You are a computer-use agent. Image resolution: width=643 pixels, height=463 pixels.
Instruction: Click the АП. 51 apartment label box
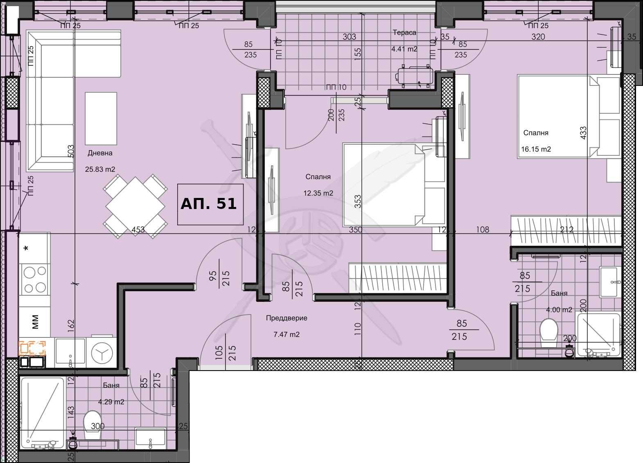pyautogui.click(x=210, y=204)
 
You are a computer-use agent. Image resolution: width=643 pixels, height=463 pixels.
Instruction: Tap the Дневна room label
pyautogui.click(x=100, y=153)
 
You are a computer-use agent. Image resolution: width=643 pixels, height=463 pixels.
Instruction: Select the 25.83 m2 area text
pyautogui.click(x=100, y=169)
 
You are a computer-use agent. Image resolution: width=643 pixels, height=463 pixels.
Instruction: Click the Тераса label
pyautogui.click(x=404, y=33)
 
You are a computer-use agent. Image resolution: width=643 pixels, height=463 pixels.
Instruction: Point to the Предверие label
pyautogui.click(x=286, y=318)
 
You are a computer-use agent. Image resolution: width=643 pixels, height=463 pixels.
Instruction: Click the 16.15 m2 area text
pyautogui.click(x=536, y=149)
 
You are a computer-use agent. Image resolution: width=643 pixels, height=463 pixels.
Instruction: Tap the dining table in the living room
pyautogui.click(x=135, y=206)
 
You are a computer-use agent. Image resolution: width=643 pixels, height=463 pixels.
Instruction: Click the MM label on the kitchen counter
pyautogui.click(x=35, y=321)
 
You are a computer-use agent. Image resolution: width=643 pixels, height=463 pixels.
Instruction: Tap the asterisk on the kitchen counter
pyautogui.click(x=27, y=249)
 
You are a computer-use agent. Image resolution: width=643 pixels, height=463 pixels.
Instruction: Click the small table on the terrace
pyautogui.click(x=415, y=76)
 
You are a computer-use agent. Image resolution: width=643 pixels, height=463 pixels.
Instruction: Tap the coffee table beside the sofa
pyautogui.click(x=101, y=118)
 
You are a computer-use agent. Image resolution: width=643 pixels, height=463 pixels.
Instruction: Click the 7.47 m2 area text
pyautogui.click(x=286, y=335)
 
